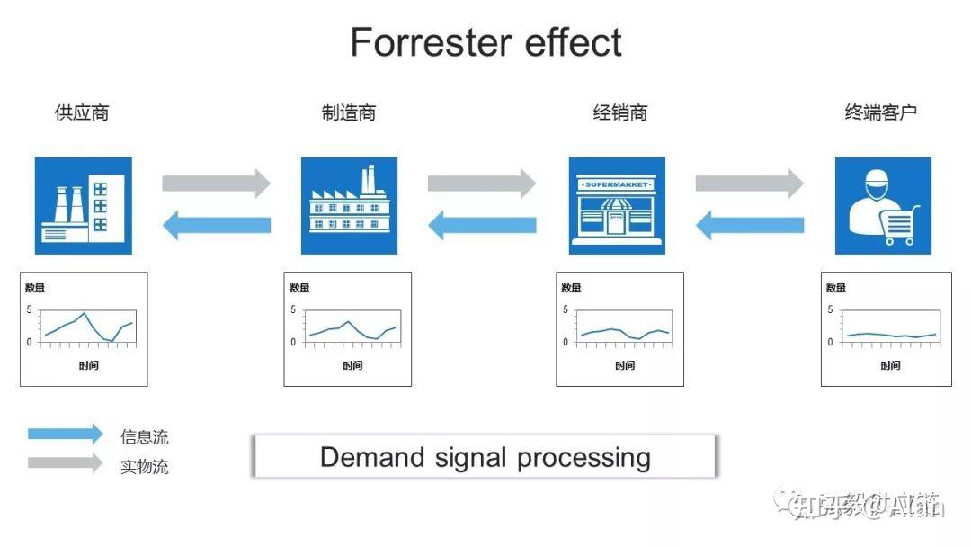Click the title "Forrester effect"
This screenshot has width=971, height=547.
click(485, 42)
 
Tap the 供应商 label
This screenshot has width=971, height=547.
click(82, 112)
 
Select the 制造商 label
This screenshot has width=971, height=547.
click(349, 112)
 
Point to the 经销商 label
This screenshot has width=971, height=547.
click(619, 112)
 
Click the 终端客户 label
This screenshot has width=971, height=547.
click(880, 112)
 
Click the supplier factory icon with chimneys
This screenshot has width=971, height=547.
click(84, 206)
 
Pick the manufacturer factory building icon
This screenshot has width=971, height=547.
click(349, 206)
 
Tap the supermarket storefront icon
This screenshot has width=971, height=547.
click(617, 206)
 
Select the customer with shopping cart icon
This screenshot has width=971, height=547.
click(883, 206)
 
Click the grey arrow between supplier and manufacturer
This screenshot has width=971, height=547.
click(216, 184)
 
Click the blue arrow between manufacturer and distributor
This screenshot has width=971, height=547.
click(482, 225)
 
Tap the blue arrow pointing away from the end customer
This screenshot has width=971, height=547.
click(750, 225)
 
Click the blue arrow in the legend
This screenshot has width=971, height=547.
click(65, 435)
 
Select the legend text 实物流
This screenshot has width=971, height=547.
click(144, 467)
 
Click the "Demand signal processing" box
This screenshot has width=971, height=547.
click(485, 457)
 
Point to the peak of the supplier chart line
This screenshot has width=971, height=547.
click(85, 313)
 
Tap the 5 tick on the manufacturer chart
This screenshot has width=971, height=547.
click(293, 309)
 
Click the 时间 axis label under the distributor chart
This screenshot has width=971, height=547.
click(625, 365)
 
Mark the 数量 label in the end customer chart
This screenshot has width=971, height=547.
click(836, 288)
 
